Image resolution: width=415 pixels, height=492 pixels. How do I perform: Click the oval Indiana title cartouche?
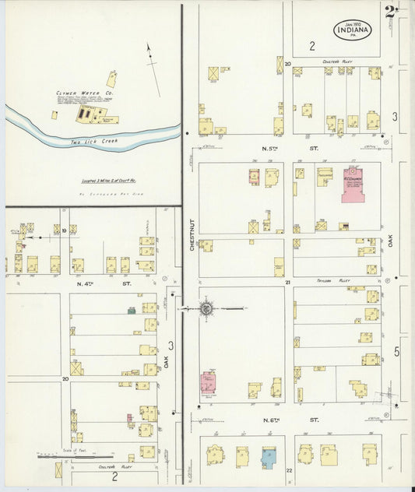point(353,30)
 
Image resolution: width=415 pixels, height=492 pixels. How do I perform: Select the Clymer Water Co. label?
point(79,93)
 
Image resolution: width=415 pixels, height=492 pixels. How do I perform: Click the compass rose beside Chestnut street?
point(206,309)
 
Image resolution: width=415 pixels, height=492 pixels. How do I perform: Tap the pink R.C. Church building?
point(353,184)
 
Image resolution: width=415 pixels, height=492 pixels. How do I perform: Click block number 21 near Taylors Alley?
point(287,282)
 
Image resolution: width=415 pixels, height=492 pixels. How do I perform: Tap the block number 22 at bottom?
point(288,470)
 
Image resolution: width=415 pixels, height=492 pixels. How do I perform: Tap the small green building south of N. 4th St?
point(132,310)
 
